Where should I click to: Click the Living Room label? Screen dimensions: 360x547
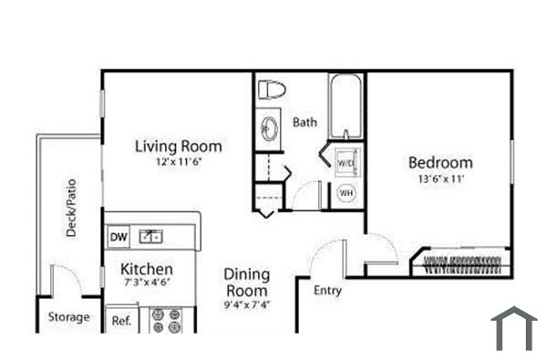(178, 146)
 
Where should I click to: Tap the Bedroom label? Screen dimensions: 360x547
(440, 163)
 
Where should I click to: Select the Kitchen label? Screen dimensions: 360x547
(148, 269)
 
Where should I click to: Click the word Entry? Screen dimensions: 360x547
(328, 291)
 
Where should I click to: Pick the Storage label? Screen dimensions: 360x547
(69, 317)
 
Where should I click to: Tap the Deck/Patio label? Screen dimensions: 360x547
(71, 208)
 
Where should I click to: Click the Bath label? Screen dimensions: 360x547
(304, 121)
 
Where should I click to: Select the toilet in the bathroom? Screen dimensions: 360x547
(272, 90)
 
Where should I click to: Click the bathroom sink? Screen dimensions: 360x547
(269, 128)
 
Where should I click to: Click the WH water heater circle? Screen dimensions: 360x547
(346, 193)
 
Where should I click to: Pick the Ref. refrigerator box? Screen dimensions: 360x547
(120, 321)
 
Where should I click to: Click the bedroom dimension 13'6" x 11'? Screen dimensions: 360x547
(440, 180)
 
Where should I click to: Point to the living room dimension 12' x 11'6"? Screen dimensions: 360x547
(178, 161)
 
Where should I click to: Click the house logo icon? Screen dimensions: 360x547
(514, 328)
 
